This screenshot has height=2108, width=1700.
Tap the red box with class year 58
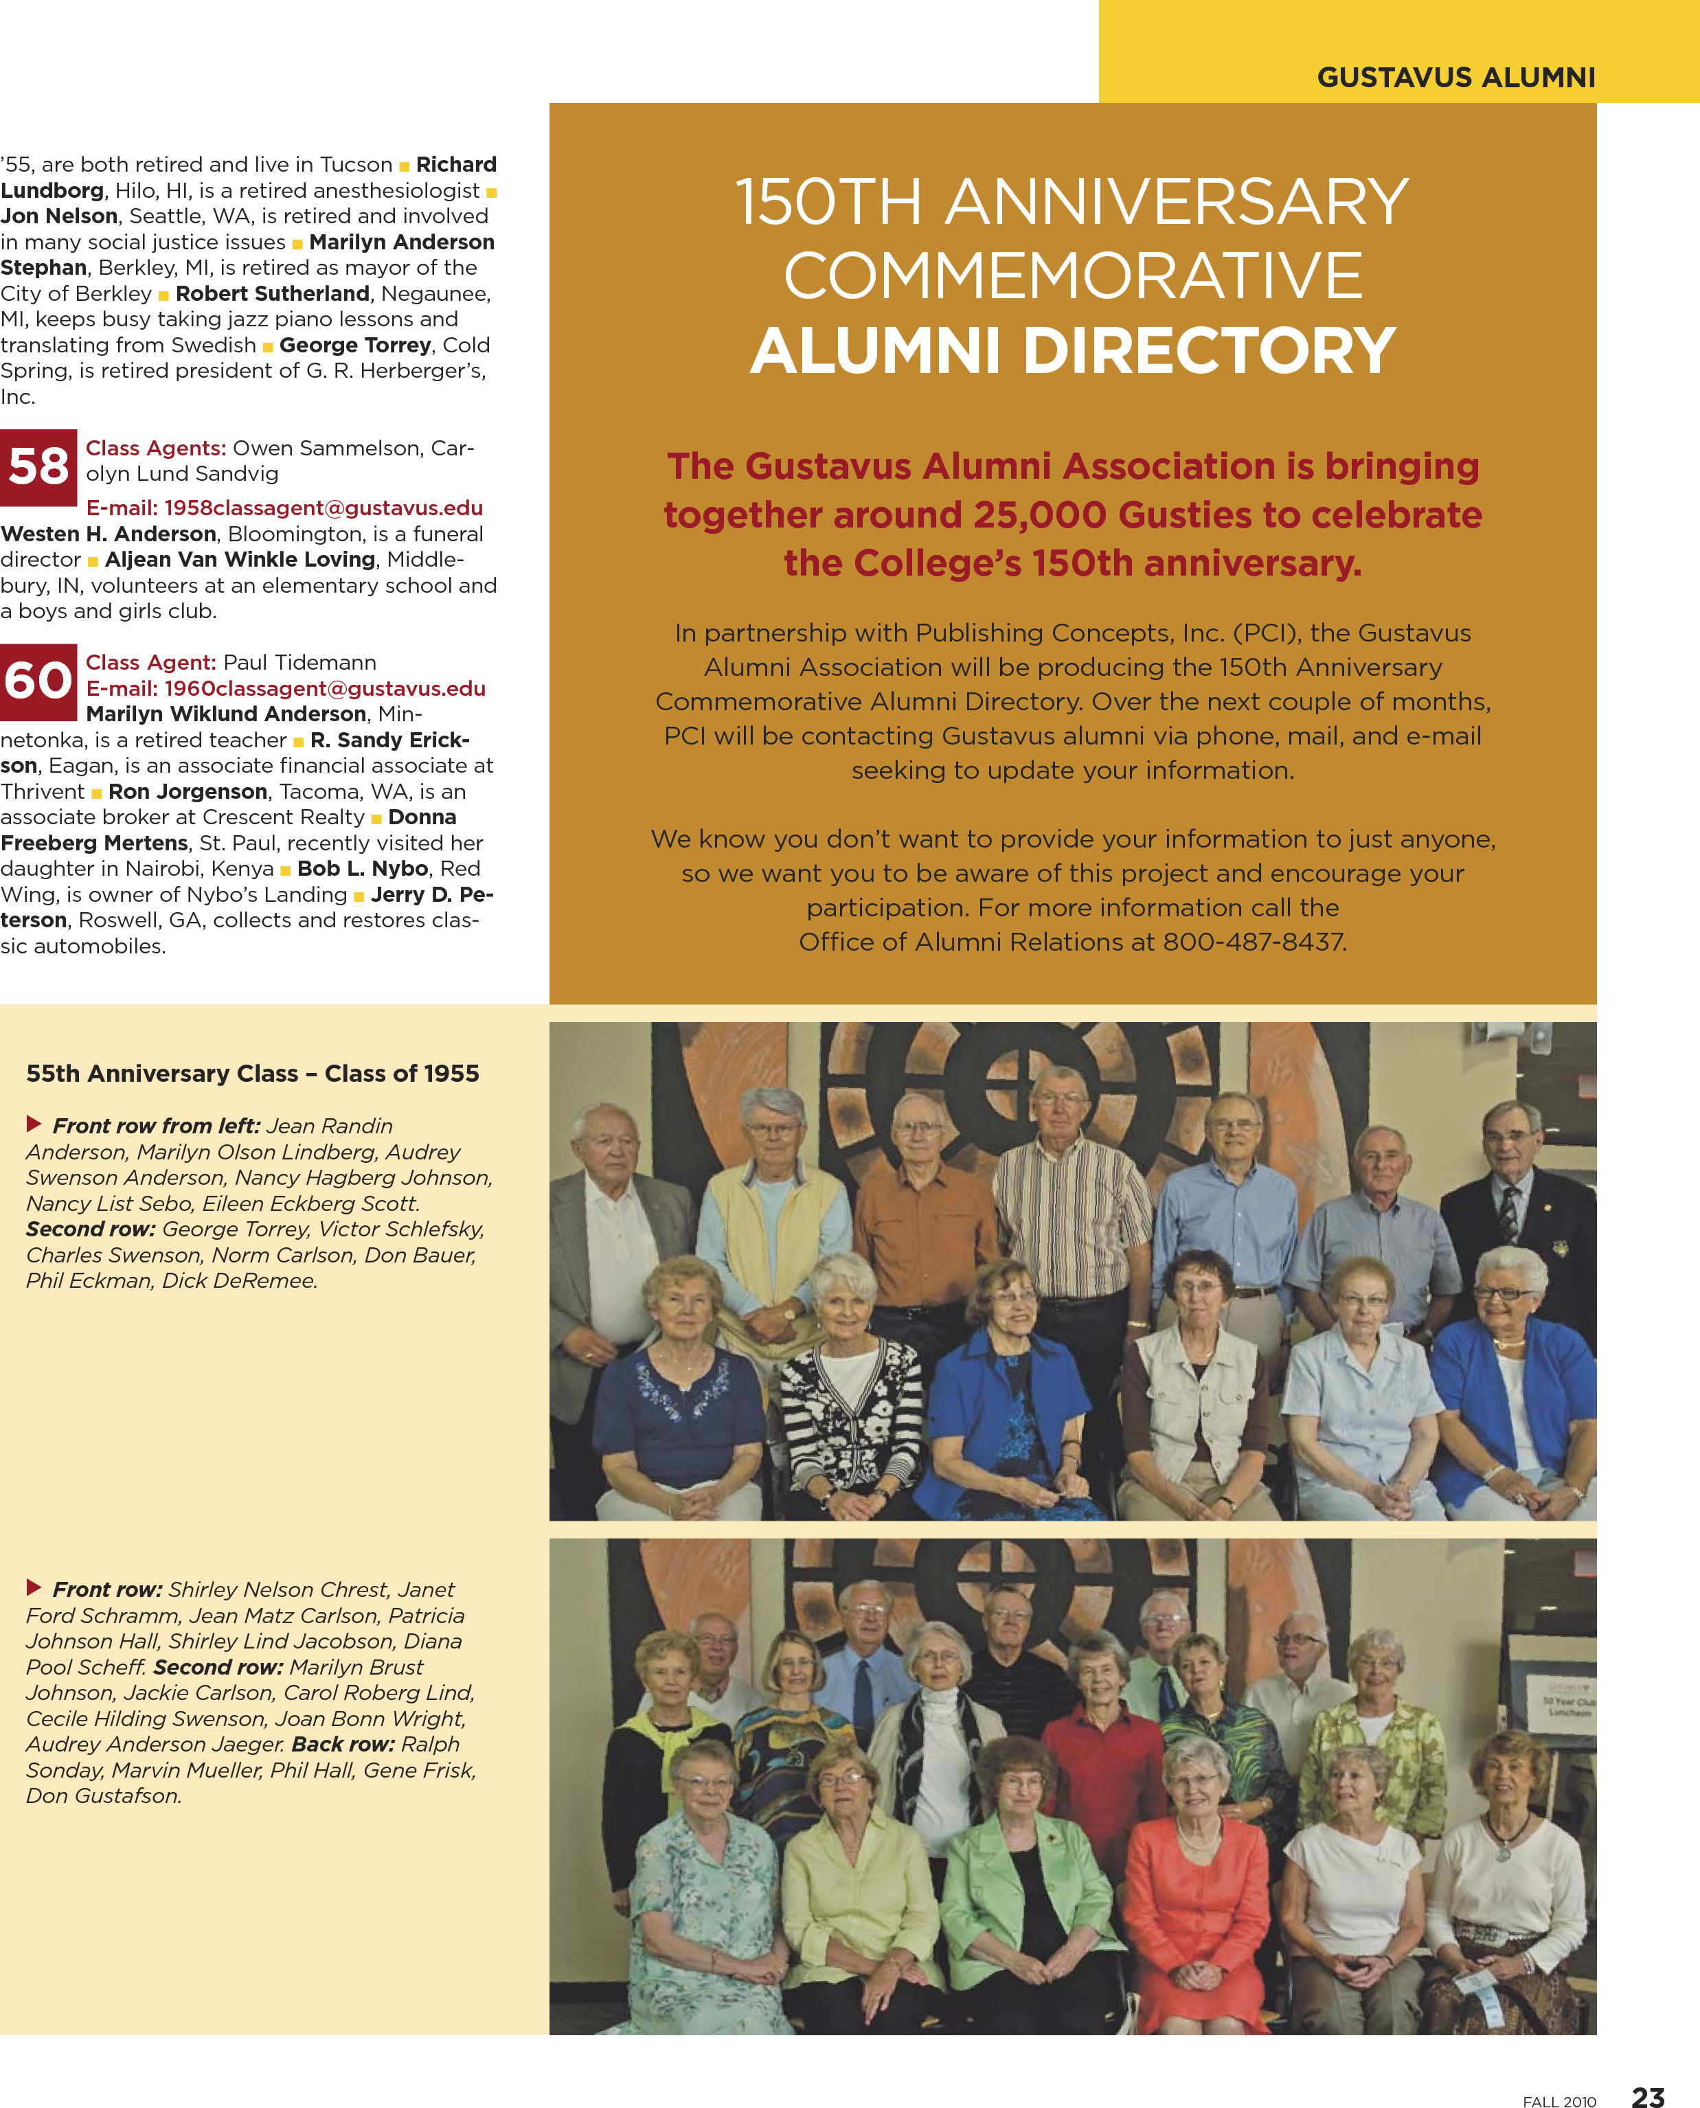38,467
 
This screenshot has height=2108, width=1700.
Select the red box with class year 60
38,681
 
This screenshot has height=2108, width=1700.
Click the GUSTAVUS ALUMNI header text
1455,78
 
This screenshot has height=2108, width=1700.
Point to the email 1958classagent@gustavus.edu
284,507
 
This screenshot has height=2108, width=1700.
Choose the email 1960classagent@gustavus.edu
285,688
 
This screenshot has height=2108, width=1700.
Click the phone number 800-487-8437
1254,942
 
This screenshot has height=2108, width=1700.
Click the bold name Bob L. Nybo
363,868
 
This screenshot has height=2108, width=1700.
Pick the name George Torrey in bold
354,345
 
